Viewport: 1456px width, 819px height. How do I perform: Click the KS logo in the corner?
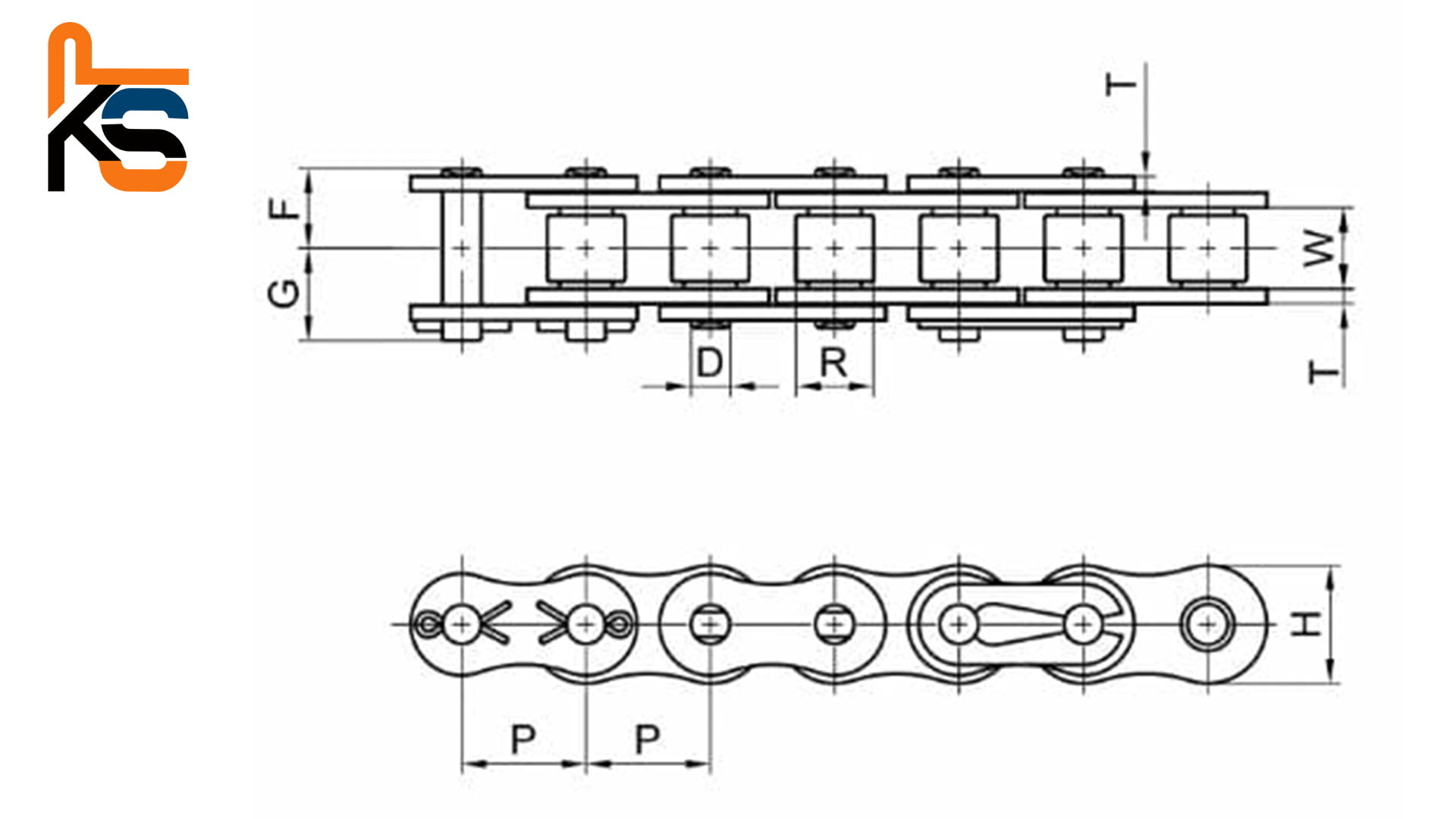(x=118, y=107)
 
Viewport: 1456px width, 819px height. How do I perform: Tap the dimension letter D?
(x=709, y=362)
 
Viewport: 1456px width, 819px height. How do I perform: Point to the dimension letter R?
(x=833, y=362)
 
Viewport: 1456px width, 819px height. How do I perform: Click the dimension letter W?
(x=1318, y=248)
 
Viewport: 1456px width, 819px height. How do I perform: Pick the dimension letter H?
(x=1306, y=623)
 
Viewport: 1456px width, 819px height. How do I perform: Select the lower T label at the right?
(x=1324, y=372)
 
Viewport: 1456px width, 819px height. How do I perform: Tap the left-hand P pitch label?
(x=523, y=739)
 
